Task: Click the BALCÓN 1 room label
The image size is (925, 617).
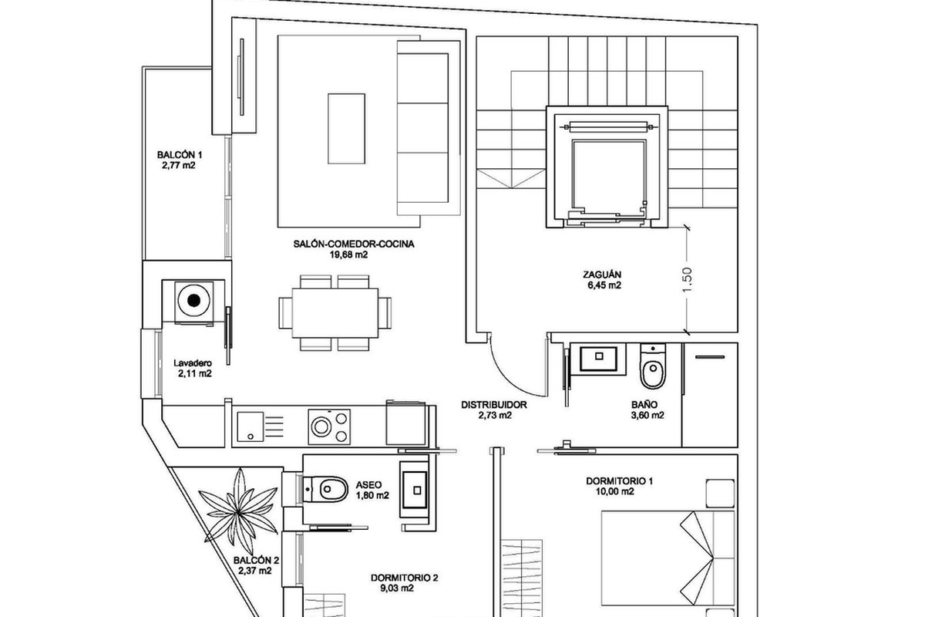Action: pos(180,155)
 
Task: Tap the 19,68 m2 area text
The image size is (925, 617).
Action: pos(348,255)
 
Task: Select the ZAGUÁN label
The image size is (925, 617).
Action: pos(602,275)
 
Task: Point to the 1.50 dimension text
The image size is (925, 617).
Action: pos(686,280)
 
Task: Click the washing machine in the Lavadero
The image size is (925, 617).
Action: pos(194,302)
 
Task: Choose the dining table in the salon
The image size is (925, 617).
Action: pos(335,313)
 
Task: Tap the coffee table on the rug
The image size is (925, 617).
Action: pos(346,129)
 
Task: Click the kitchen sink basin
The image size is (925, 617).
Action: pos(251,426)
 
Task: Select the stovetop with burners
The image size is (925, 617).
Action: pos(329,427)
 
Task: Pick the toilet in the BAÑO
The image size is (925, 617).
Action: pos(652,366)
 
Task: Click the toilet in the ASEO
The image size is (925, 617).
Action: pos(325,489)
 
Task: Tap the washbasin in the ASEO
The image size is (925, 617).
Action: pos(415,490)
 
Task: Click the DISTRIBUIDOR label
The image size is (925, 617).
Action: pos(494,405)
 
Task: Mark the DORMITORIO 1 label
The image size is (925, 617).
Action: pos(620,481)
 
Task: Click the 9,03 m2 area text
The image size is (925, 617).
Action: pos(397,588)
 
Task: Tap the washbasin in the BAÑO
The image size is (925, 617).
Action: pos(599,359)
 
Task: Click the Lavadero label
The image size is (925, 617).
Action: pos(193,363)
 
